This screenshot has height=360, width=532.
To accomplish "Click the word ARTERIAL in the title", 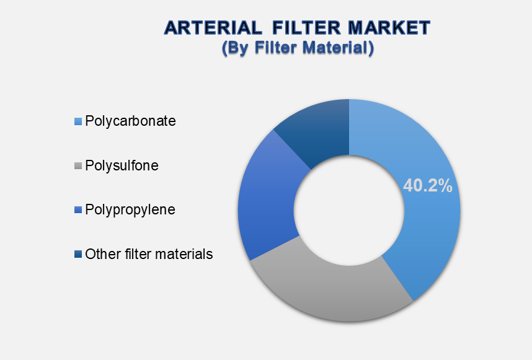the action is tap(213, 28).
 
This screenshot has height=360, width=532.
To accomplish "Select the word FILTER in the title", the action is tap(307, 28).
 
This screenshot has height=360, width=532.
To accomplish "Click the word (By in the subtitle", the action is tap(236, 48).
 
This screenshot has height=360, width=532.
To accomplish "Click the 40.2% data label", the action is tap(427, 185).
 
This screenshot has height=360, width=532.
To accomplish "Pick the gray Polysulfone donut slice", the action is tap(332, 288).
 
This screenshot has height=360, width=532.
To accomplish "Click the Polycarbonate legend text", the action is tap(130, 121).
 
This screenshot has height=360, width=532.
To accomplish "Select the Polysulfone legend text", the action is tap(122, 165).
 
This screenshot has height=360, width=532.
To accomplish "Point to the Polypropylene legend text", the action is tap(130, 210).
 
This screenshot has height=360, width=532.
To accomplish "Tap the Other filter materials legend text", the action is tap(149, 254).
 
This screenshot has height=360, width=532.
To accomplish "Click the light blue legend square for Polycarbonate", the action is tap(78, 121).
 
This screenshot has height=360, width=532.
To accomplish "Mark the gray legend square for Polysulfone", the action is tap(78, 166).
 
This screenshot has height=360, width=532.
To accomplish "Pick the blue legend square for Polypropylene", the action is tap(78, 210).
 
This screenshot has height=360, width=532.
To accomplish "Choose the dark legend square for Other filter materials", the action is tap(78, 254).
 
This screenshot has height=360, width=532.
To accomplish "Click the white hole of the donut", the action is tap(349, 211).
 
